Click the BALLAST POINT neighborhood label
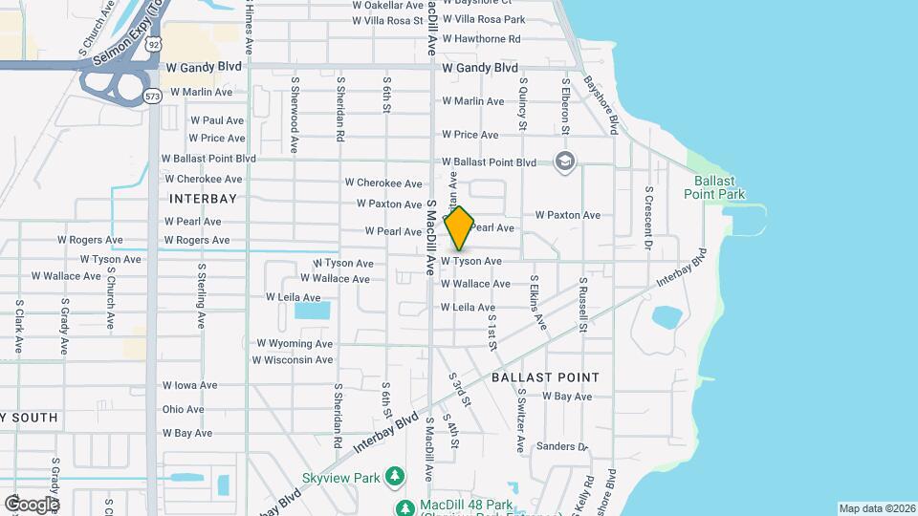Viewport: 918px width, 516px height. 545,377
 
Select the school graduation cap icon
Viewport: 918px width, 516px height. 565,161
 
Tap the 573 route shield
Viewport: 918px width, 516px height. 152,96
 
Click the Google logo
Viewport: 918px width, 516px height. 31,504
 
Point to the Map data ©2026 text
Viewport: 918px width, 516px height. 877,508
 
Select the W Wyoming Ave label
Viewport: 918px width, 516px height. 295,343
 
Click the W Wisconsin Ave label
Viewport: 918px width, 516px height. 293,360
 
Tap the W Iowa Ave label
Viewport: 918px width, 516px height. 190,386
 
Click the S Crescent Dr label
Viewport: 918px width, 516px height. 648,218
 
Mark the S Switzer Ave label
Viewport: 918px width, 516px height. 520,420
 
